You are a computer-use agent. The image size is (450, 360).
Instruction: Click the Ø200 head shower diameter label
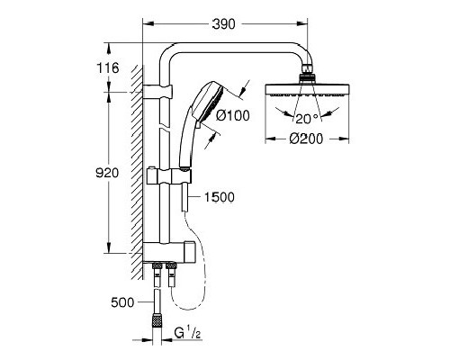pyautogui.click(x=307, y=138)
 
